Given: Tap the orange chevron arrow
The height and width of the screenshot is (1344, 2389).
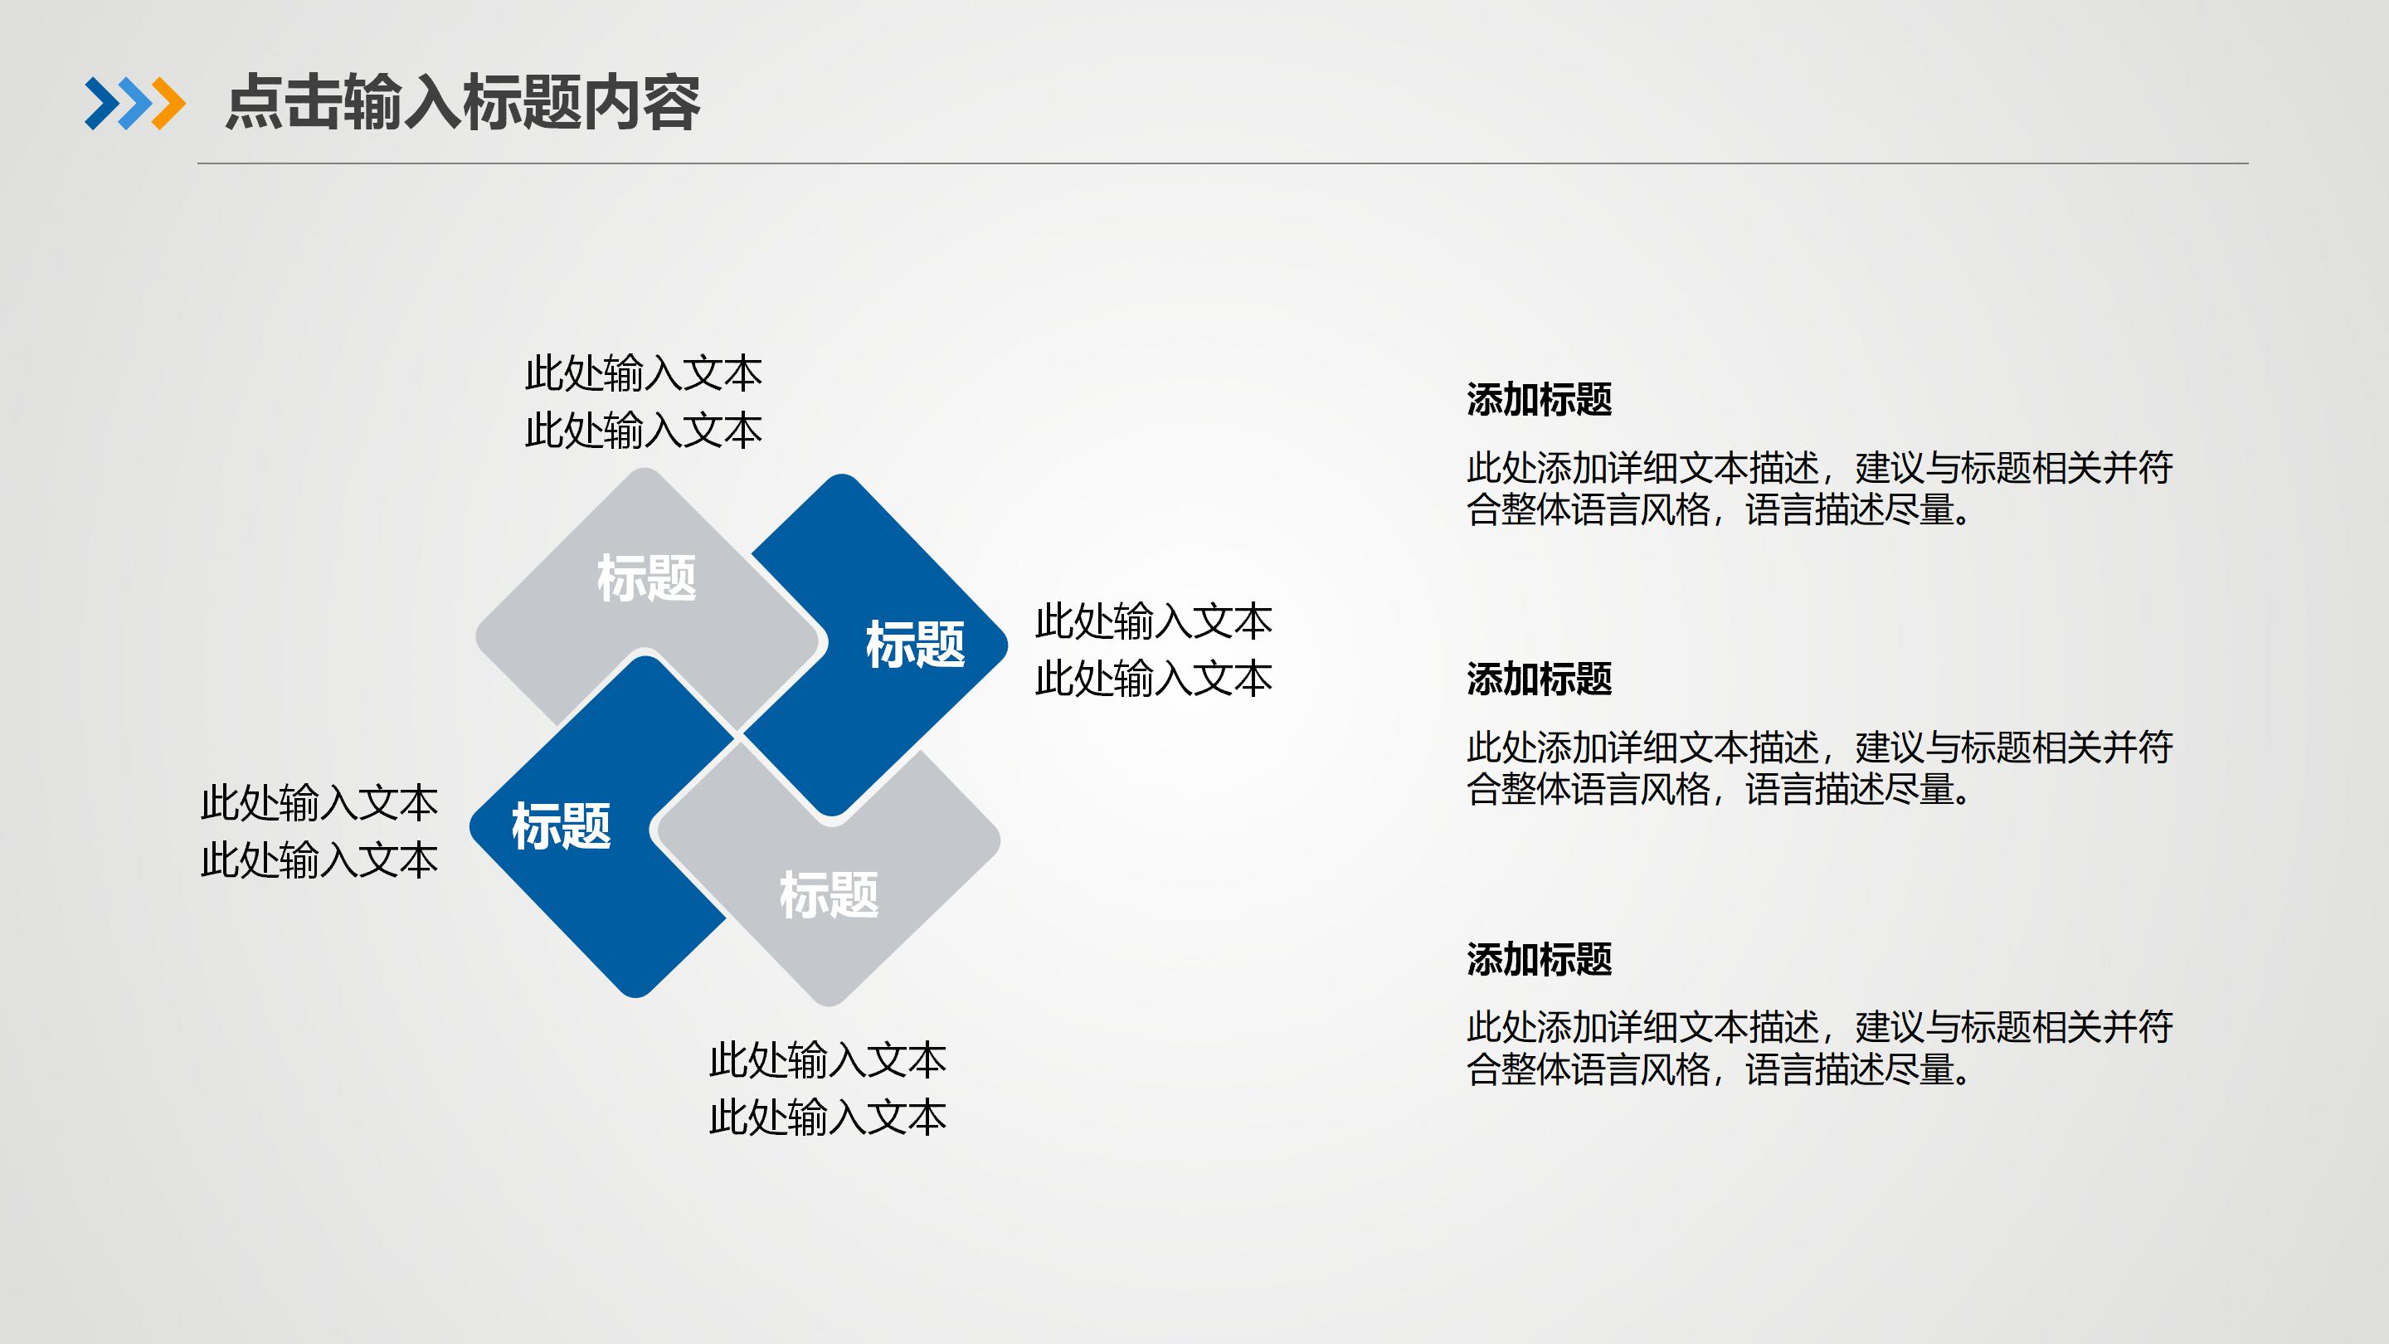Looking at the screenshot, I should [168, 103].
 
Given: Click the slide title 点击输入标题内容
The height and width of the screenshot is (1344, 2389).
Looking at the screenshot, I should [462, 103].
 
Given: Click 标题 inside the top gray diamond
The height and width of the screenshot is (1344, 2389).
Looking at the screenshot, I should [646, 578].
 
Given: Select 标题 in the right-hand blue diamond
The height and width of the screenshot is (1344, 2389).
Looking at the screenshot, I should [914, 645].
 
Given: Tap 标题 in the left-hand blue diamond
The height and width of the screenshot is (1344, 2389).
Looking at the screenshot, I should [561, 826].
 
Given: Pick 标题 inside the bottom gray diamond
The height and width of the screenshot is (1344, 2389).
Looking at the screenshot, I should [828, 895].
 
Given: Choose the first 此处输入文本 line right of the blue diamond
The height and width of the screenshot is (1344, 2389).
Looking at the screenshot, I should [1153, 621].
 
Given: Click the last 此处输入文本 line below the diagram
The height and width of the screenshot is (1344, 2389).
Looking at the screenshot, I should [827, 1118].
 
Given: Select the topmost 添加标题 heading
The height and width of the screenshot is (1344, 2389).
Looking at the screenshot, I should [1539, 400].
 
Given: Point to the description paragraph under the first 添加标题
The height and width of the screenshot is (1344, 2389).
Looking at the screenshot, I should [1817, 489].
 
